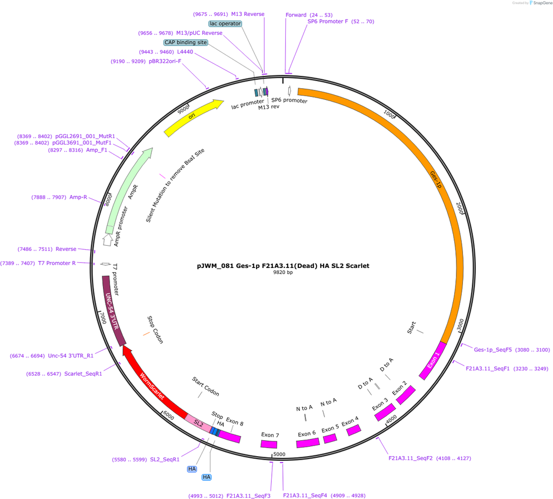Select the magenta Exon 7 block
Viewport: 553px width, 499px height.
269,444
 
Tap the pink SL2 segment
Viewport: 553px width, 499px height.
198,423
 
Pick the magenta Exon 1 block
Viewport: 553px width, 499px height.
433,360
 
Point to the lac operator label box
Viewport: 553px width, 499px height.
225,24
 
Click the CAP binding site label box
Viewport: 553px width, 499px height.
186,42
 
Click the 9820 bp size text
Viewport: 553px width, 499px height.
283,272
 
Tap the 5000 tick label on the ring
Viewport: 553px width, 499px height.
279,454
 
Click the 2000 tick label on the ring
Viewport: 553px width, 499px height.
459,208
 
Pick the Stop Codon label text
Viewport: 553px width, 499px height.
155,330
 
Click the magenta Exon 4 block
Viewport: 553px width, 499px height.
354,430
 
